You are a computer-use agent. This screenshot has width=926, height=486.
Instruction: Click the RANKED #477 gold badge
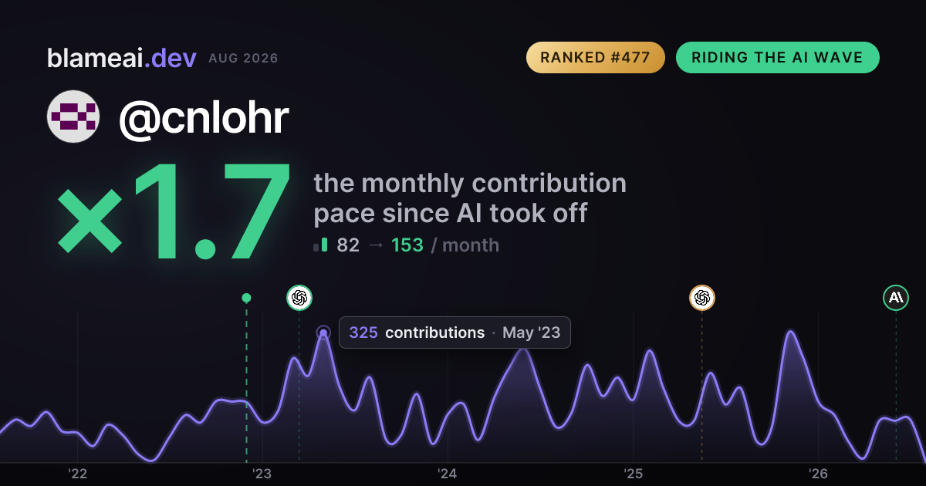click(595, 57)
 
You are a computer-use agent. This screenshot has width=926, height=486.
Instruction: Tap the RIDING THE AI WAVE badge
click(778, 57)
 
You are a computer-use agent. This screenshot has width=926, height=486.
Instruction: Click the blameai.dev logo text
click(122, 59)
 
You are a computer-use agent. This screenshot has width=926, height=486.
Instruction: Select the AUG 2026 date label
click(243, 59)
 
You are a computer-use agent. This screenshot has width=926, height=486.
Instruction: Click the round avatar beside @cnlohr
click(73, 116)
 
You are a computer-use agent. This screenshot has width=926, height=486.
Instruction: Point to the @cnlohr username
click(204, 118)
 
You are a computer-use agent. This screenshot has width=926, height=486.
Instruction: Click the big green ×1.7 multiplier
click(174, 211)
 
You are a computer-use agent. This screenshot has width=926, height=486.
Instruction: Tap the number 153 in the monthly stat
click(407, 245)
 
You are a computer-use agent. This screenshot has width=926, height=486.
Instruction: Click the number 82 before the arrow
click(348, 245)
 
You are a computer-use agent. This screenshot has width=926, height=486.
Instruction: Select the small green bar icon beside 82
click(320, 245)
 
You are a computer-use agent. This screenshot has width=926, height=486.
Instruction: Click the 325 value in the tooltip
click(363, 332)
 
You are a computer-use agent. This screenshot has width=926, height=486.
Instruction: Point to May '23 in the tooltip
click(531, 332)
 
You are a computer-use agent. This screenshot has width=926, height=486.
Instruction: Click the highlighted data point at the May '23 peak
click(323, 332)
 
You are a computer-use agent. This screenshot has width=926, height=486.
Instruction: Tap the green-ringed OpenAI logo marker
click(299, 298)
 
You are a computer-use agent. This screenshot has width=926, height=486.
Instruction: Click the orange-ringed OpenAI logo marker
click(702, 298)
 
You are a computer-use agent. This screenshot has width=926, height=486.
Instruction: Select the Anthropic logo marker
click(896, 298)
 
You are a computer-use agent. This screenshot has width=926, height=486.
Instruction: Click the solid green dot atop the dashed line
click(246, 298)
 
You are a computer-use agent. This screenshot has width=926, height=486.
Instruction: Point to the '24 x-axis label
click(448, 474)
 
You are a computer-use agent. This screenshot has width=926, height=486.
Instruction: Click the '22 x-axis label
click(77, 474)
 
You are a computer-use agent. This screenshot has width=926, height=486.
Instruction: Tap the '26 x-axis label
click(818, 474)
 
